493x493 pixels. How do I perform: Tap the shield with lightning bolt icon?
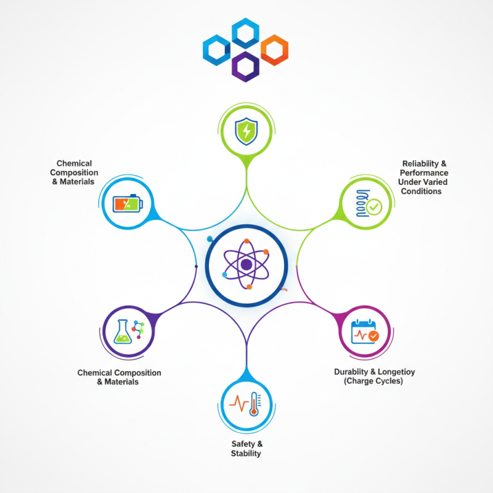coord(246,131)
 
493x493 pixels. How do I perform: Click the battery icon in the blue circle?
coord(128,203)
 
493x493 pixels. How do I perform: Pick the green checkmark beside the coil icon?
coord(374,207)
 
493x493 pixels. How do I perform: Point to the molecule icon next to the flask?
coord(138,330)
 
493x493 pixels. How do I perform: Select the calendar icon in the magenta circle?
coord(364,332)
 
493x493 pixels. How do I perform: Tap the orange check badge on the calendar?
coord(373,336)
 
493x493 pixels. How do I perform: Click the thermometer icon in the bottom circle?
coord(254,404)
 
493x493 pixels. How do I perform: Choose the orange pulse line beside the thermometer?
coord(238,403)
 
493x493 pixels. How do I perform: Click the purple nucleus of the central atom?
coord(246,265)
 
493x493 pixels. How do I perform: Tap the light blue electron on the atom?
coord(224,274)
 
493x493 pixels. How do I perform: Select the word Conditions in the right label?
coord(422,191)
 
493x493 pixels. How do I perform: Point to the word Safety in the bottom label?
coord(243,444)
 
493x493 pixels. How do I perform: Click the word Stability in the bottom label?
coord(246,454)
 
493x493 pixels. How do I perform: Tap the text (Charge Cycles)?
coord(373,381)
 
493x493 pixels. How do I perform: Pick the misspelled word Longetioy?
coord(396,372)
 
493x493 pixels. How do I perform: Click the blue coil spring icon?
coord(362,203)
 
